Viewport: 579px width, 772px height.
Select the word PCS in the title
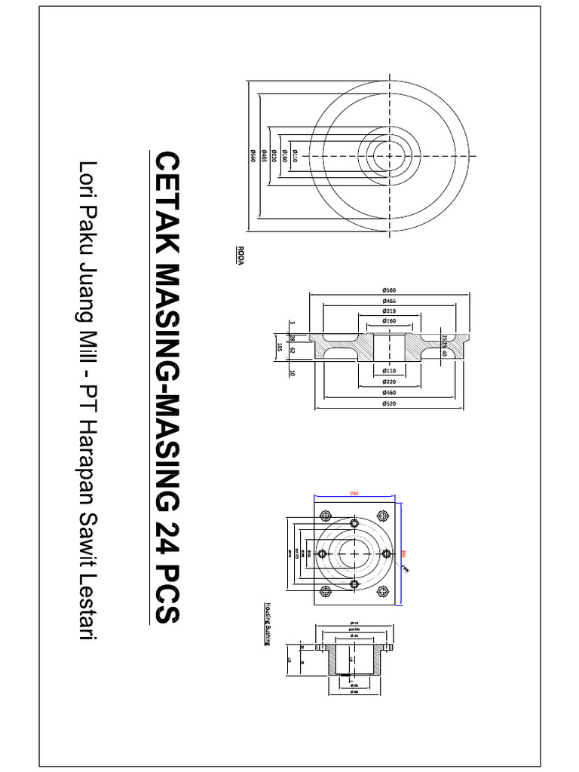click(167, 595)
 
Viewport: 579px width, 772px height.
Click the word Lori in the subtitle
click(89, 176)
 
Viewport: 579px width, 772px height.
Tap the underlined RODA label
click(240, 253)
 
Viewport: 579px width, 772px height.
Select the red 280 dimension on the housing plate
click(354, 494)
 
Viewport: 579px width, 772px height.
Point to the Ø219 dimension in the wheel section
click(390, 311)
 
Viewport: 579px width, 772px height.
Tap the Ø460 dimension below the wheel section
click(390, 392)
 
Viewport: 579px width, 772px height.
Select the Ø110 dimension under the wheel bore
click(390, 370)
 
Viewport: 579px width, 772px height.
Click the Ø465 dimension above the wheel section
click(390, 300)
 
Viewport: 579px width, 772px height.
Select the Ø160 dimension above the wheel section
click(390, 321)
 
